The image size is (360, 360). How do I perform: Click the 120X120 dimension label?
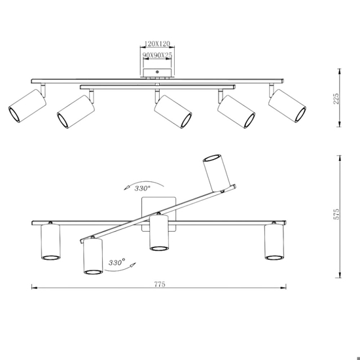[157, 44]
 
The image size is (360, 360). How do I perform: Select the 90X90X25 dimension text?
[157, 55]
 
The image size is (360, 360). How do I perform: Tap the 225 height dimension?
[336, 98]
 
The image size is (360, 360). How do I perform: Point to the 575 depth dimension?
[336, 214]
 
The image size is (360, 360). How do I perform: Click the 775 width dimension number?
[160, 284]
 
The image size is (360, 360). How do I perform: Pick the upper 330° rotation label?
[142, 189]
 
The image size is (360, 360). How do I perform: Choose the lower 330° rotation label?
[117, 262]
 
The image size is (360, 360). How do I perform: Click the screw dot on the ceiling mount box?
[157, 72]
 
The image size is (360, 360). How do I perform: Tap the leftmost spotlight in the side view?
[27, 105]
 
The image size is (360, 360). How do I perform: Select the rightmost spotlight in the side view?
[287, 105]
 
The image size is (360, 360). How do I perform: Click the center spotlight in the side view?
[173, 111]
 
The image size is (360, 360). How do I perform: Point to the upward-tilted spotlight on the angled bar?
[217, 173]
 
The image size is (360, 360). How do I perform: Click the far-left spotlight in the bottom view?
[50, 241]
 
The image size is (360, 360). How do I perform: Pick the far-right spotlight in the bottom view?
[274, 241]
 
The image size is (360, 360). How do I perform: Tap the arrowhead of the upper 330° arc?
[126, 188]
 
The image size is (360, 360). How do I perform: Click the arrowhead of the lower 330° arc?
[133, 265]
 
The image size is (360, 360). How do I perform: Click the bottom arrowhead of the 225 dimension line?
[340, 124]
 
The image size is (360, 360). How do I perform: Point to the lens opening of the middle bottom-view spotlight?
[159, 249]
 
